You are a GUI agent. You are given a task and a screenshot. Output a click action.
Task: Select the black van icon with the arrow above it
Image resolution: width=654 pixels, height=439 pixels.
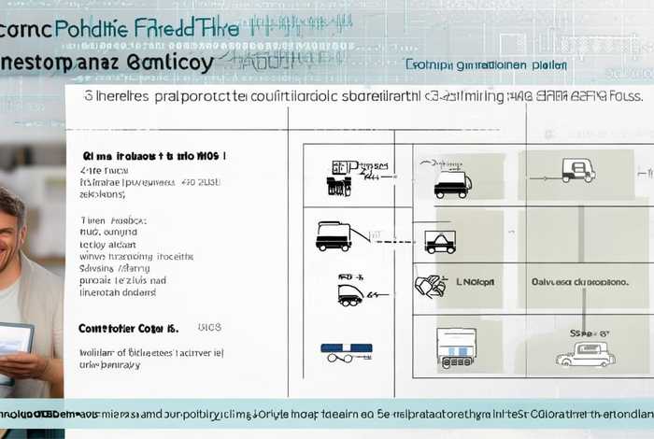pyautogui.click(x=453, y=182)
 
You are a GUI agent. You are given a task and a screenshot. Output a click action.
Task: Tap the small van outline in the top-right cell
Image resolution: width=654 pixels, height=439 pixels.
pyautogui.click(x=578, y=170)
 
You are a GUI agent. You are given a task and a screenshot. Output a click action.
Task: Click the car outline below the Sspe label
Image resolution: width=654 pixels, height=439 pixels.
pyautogui.click(x=586, y=355)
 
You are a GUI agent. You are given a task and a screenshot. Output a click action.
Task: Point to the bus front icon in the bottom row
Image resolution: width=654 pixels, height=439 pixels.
pyautogui.click(x=456, y=346)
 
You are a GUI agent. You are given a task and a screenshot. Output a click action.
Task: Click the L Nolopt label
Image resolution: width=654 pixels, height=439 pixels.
pyautogui.click(x=475, y=279)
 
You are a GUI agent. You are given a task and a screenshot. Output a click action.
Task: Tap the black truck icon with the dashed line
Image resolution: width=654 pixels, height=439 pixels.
pyautogui.click(x=334, y=235)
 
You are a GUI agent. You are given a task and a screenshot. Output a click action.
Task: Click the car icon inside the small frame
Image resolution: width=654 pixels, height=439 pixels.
pyautogui.click(x=440, y=243)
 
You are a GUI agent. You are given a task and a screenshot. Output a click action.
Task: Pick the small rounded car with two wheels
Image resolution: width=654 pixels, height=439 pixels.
pyautogui.click(x=350, y=294)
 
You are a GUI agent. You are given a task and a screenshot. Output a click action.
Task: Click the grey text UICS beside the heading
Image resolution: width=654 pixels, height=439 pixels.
pyautogui.click(x=209, y=329)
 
